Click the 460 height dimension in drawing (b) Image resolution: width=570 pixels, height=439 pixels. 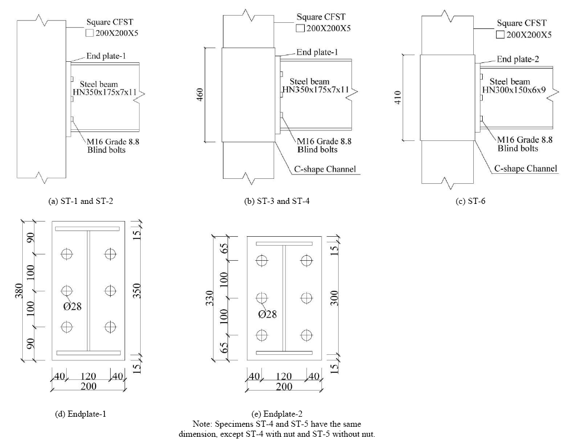200,95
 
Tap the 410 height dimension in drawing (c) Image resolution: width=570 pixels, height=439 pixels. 398,97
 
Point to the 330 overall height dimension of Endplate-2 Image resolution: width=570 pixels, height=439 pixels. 210,298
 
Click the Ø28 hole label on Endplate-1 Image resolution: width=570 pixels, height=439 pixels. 72,306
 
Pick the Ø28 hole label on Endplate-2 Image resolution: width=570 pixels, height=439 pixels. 267,314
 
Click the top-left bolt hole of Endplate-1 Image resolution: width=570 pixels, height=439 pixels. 67,253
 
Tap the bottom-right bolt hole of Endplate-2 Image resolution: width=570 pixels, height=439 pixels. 306,335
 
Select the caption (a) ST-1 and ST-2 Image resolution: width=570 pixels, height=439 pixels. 81,201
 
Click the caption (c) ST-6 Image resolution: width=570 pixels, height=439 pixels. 470,201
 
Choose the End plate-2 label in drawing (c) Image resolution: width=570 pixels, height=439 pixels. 518,59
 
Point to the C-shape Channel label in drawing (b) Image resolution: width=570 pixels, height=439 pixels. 325,169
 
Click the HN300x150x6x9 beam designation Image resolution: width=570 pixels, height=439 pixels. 514,90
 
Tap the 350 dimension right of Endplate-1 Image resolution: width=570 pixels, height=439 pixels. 136,291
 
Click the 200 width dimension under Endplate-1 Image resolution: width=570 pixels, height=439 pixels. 88,386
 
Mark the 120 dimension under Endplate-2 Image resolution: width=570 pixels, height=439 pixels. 284,376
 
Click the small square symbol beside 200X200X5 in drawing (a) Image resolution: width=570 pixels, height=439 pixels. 90,33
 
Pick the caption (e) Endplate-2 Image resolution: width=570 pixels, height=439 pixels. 277,414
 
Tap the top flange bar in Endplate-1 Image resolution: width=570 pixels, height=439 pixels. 87,229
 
